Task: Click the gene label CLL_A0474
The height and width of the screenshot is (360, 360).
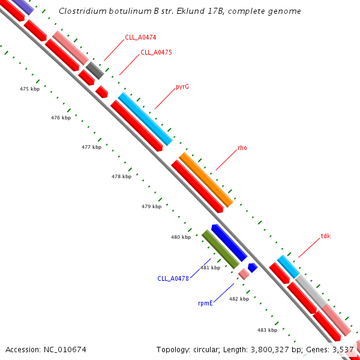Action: pyautogui.click(x=140, y=37)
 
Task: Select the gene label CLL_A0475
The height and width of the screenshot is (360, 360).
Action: pyautogui.click(x=156, y=52)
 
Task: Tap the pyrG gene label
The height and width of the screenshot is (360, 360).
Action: pyautogui.click(x=182, y=86)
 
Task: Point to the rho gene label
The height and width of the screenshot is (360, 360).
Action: pyautogui.click(x=242, y=148)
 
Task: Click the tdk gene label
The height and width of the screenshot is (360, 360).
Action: pyautogui.click(x=326, y=236)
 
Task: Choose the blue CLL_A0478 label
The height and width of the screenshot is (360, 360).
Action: pyautogui.click(x=173, y=278)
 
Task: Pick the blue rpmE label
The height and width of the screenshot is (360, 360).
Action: pyautogui.click(x=205, y=304)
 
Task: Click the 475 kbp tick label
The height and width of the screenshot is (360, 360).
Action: pyautogui.click(x=29, y=89)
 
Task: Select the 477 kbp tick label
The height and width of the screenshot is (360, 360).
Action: pyautogui.click(x=91, y=147)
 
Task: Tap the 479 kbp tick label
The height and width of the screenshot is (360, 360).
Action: pyautogui.click(x=151, y=206)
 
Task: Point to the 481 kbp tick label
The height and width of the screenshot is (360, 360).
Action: pyautogui.click(x=210, y=268)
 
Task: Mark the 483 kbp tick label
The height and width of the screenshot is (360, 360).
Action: pyautogui.click(x=267, y=330)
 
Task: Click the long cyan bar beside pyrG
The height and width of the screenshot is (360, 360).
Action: pyautogui.click(x=145, y=119)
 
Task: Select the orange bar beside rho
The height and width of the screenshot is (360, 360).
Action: pyautogui.click(x=206, y=179)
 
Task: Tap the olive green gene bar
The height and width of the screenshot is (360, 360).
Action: pyautogui.click(x=220, y=249)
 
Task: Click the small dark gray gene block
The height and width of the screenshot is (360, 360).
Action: pyautogui.click(x=94, y=70)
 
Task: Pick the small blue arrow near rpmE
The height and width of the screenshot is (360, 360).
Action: pyautogui.click(x=253, y=267)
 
